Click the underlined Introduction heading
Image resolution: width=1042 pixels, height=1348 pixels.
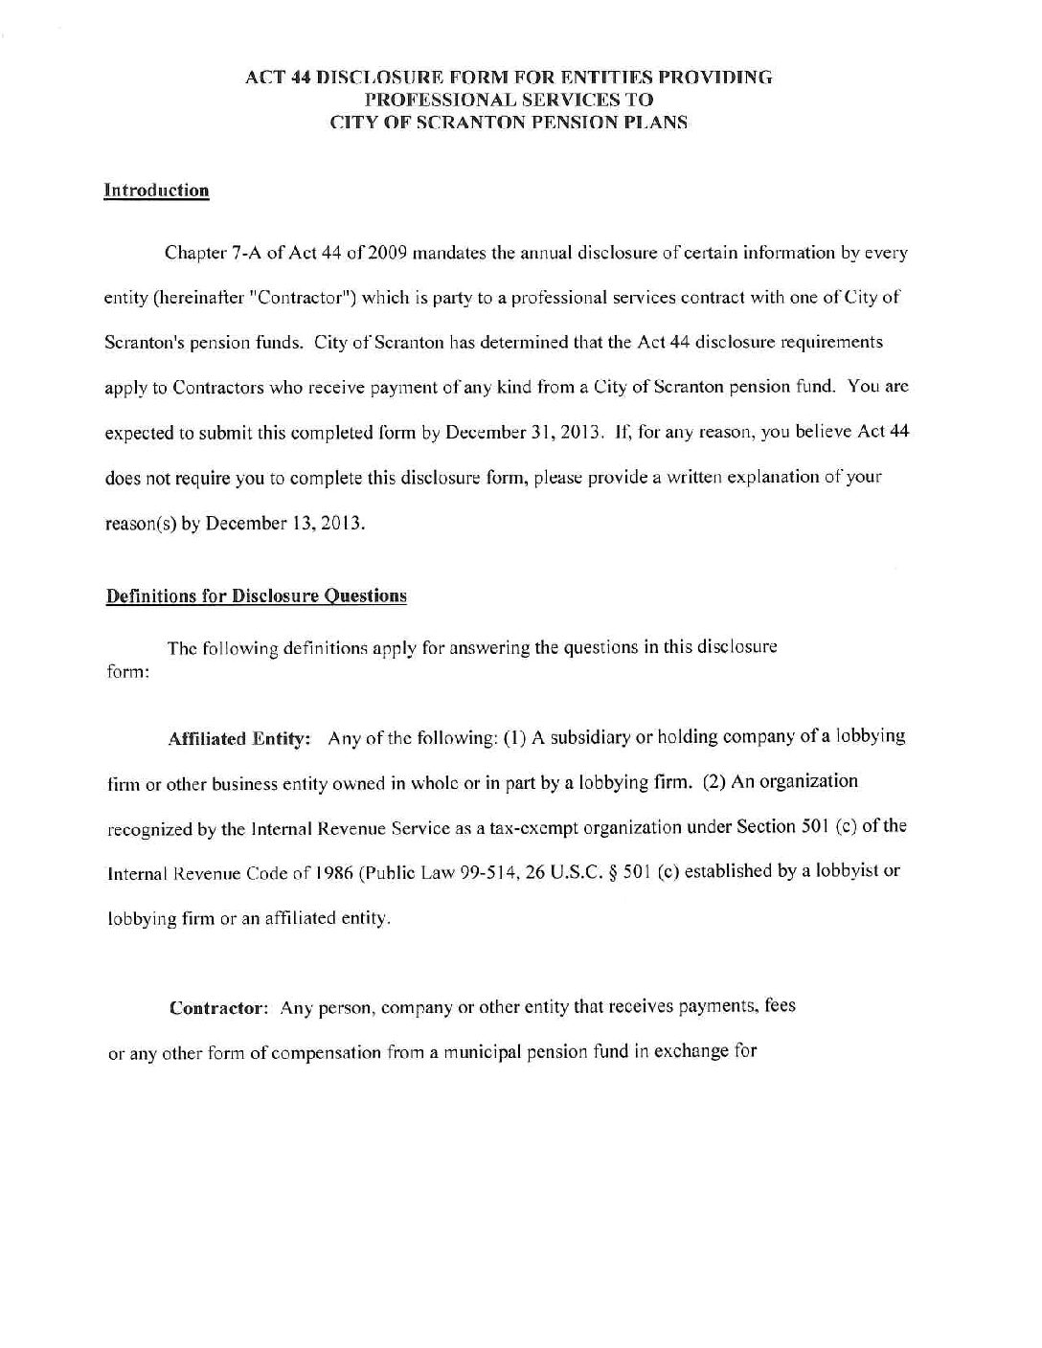tap(156, 191)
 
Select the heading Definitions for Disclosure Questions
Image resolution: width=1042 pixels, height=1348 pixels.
tap(256, 596)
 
